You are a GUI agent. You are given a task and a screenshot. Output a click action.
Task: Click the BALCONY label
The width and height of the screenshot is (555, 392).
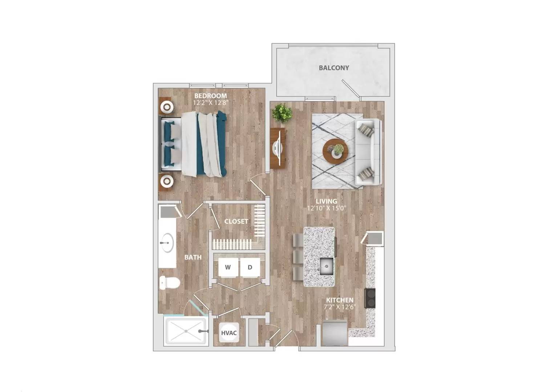(333, 68)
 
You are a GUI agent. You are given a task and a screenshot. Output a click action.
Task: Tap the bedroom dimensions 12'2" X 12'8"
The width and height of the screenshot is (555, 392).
(210, 102)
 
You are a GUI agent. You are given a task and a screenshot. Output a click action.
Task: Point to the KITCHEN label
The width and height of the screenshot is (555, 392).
(339, 300)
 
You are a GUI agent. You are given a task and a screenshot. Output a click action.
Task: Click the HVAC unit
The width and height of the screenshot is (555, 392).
(229, 333)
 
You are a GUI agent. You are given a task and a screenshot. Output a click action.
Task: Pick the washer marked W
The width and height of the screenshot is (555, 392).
(228, 268)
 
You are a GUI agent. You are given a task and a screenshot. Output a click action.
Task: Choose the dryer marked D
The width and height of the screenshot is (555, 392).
(250, 268)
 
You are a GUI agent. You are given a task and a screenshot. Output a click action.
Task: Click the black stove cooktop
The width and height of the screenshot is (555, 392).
(370, 298)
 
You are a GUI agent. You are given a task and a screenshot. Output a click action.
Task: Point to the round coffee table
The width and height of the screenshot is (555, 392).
(335, 151)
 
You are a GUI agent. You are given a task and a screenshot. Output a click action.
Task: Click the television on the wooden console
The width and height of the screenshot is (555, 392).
(278, 148)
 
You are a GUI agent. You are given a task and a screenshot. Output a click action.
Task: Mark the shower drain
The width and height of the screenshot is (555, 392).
(186, 331)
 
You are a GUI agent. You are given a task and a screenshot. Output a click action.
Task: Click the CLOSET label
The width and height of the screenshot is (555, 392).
(236, 221)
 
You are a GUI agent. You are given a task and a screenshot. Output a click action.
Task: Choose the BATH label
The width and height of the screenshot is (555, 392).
(193, 257)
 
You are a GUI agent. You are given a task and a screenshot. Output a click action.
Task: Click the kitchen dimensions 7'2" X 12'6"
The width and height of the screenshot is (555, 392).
(339, 307)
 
